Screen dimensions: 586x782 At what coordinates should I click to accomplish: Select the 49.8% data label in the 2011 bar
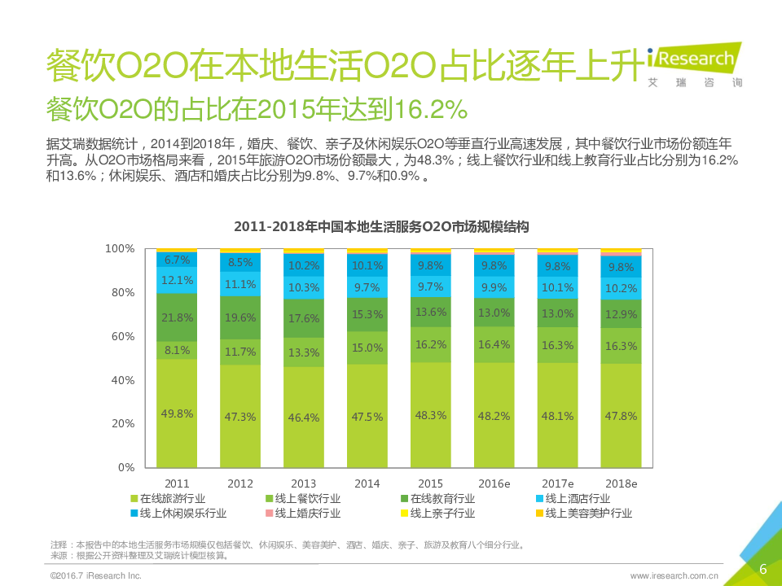(177, 414)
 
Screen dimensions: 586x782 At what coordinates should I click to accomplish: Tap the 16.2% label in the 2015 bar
(431, 344)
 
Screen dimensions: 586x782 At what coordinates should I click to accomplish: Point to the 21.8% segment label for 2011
(177, 317)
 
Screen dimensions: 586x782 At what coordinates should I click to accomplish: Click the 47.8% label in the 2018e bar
(622, 415)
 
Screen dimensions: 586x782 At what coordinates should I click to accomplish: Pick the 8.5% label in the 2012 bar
(240, 263)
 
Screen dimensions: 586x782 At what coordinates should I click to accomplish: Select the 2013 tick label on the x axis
(304, 483)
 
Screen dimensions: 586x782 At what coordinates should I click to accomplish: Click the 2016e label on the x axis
(494, 483)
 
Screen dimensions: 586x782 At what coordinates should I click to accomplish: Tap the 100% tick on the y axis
(119, 248)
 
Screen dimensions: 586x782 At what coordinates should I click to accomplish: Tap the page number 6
(762, 569)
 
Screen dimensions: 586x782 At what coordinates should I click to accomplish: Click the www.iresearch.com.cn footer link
(674, 576)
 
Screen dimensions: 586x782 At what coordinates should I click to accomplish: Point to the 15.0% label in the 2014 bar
(367, 348)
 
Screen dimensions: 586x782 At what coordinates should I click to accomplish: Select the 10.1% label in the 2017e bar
(558, 287)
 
